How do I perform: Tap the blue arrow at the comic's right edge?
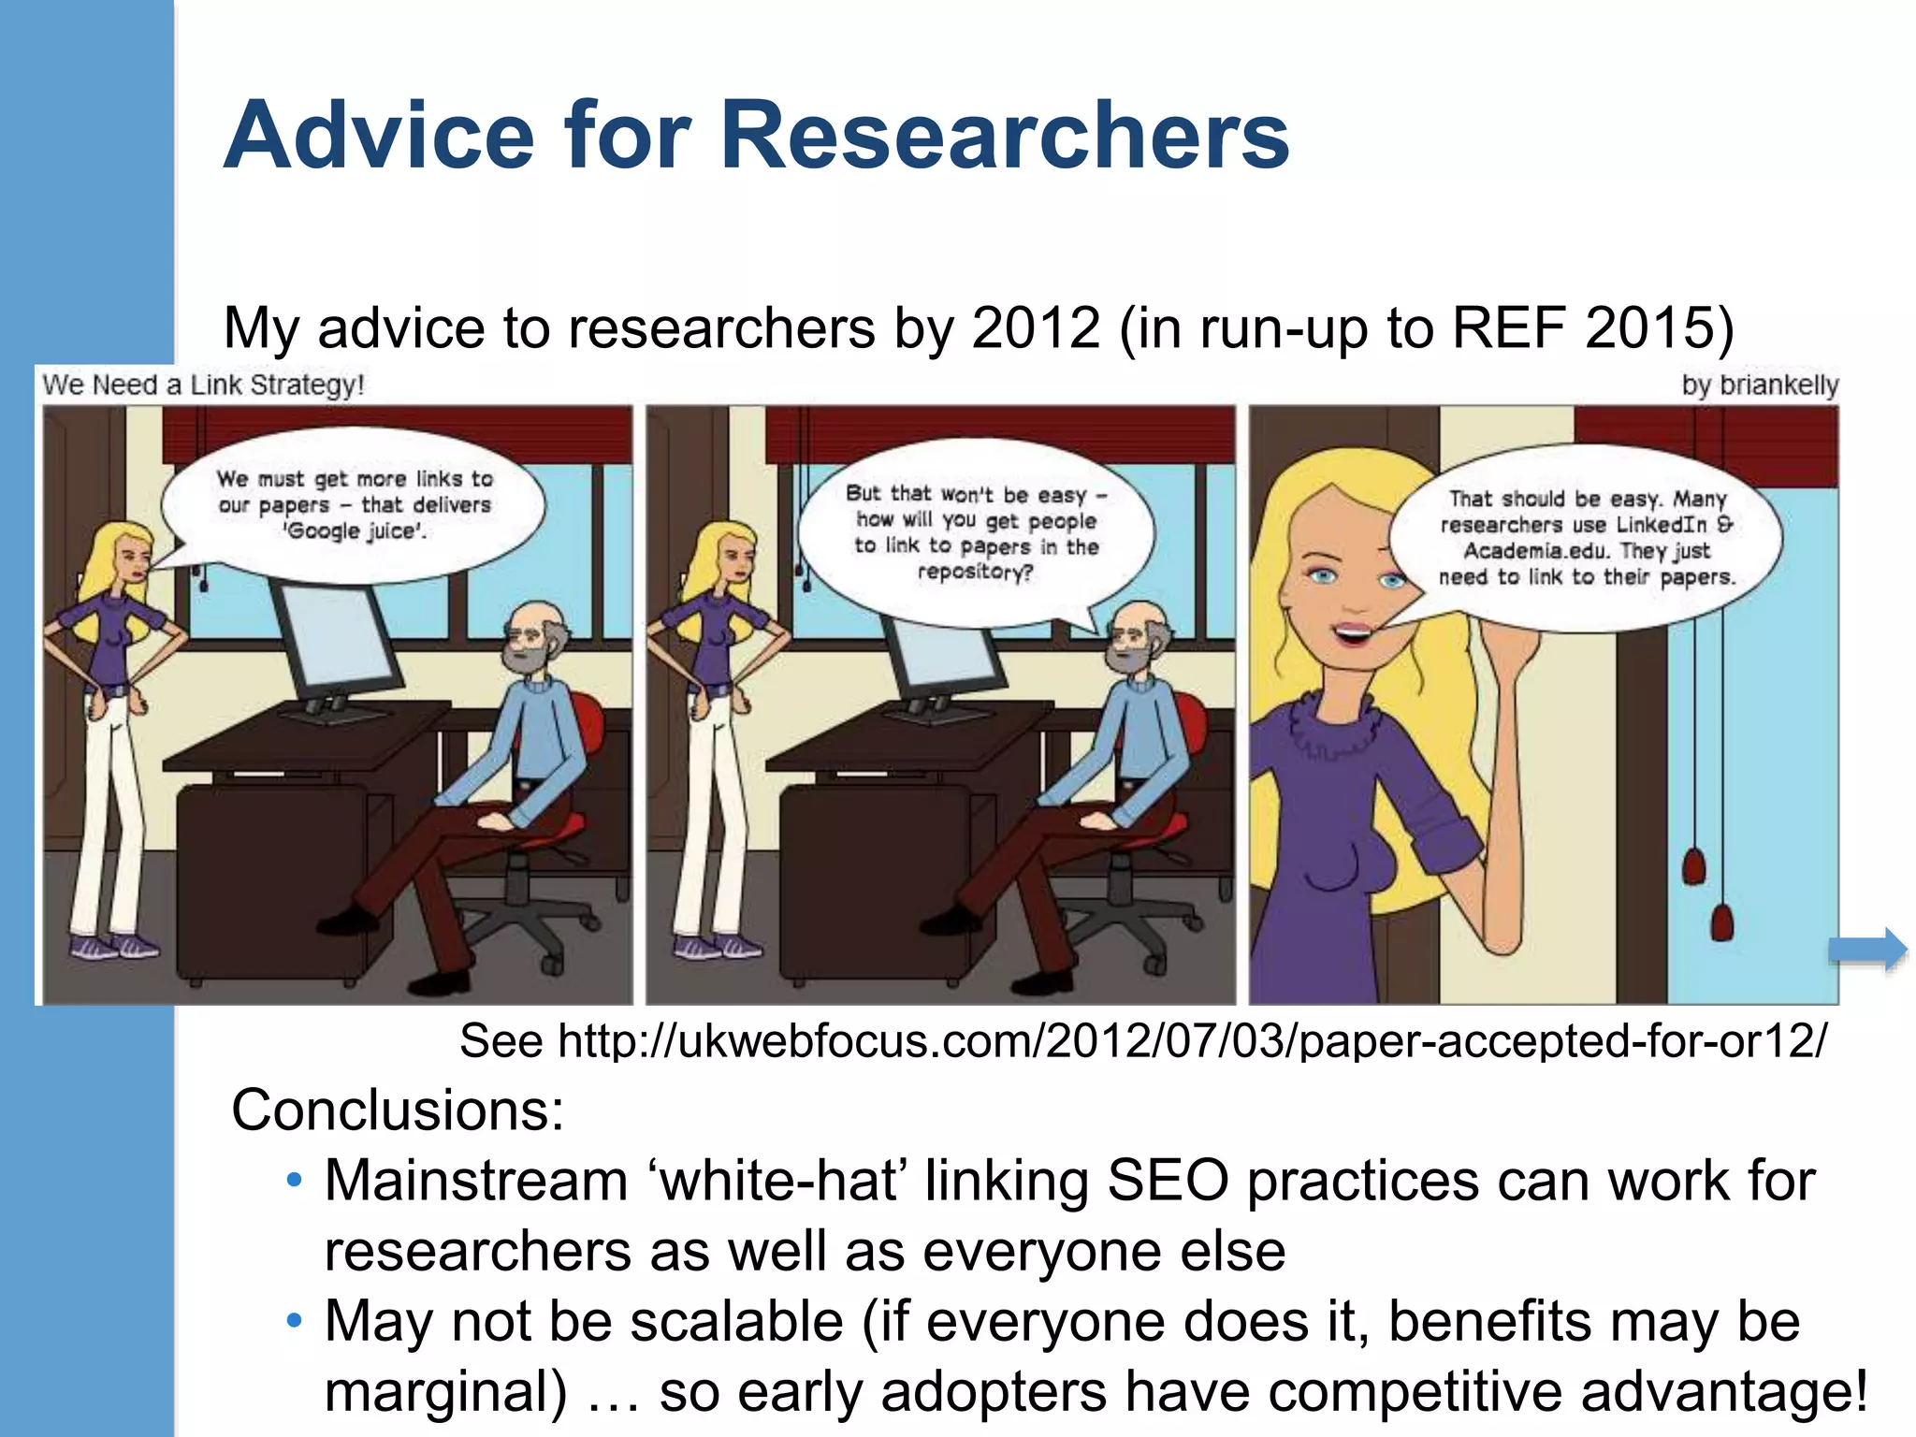pos(1867,951)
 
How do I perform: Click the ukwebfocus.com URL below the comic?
pos(1191,1040)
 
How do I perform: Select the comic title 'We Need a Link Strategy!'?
pos(203,385)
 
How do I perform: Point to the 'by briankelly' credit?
pos(1759,385)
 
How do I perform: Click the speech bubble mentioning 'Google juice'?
pos(354,505)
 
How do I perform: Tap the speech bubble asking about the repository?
pos(976,532)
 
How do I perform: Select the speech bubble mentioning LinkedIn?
pos(1586,539)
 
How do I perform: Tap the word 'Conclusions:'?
pos(398,1110)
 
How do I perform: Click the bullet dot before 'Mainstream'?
pos(295,1181)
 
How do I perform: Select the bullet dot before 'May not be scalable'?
pos(295,1321)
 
